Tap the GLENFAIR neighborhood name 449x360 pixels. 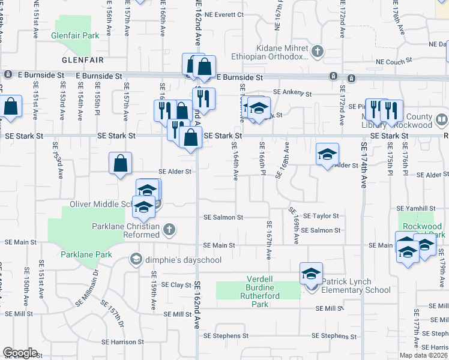tap(83, 61)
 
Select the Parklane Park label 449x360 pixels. tap(86, 254)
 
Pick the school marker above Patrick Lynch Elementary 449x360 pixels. tap(311, 274)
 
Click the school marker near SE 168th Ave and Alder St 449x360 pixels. tap(328, 155)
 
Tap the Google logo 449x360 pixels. tap(20, 353)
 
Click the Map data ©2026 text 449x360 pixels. tap(422, 355)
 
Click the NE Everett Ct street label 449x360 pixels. tap(225, 14)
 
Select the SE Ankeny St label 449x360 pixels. tap(292, 94)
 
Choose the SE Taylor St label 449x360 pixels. tap(321, 215)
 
